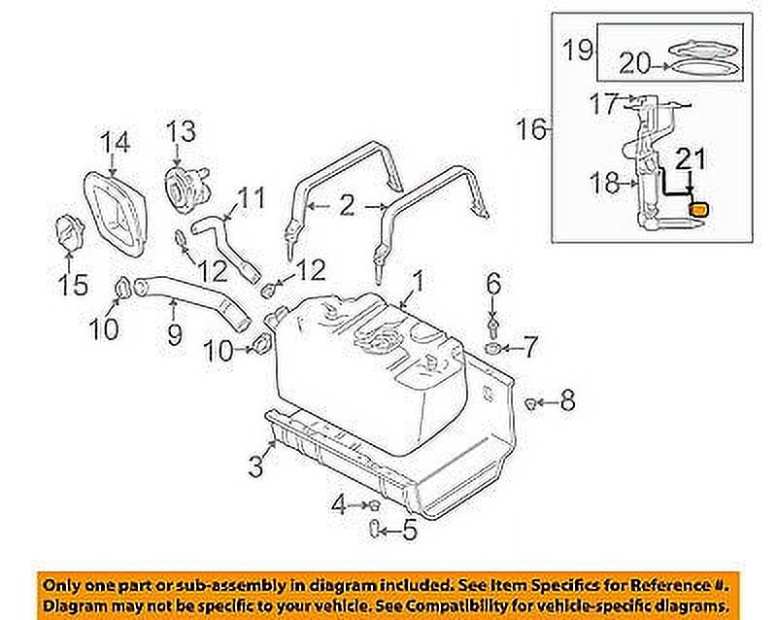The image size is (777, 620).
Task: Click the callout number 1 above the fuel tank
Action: [x=417, y=283]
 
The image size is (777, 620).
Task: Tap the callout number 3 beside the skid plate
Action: [x=255, y=466]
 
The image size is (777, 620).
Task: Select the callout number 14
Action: [x=115, y=144]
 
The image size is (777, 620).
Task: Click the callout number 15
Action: [x=74, y=285]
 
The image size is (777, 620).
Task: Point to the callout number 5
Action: [x=410, y=531]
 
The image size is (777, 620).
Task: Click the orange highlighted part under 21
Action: [x=698, y=208]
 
